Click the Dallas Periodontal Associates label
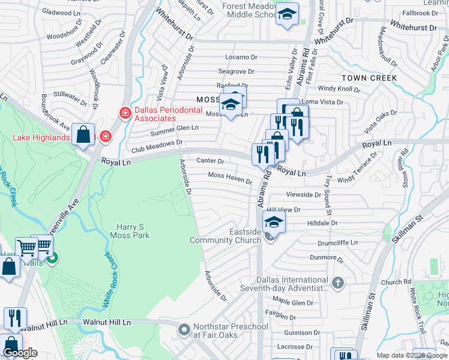(x=165, y=114)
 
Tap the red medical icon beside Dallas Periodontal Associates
(x=125, y=112)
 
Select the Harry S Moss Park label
(x=130, y=231)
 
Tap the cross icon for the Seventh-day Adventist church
(x=338, y=282)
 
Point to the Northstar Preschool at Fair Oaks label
(x=231, y=331)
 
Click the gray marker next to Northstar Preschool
(x=184, y=329)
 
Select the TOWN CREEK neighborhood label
(x=369, y=78)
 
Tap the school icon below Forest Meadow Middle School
(x=287, y=15)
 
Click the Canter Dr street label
(x=210, y=161)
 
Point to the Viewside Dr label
(x=304, y=194)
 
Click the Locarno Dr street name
(x=241, y=57)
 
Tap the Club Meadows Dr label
(x=157, y=143)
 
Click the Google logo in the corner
(x=20, y=353)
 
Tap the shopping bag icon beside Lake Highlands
(x=83, y=135)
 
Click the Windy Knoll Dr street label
(x=339, y=89)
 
